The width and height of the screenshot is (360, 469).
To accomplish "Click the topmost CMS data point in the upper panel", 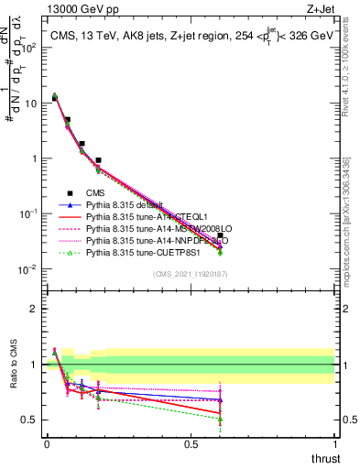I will coord(54,98).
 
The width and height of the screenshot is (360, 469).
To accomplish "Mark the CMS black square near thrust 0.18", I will coord(98,160).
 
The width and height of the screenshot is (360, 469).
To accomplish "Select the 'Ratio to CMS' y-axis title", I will coord(13,376).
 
